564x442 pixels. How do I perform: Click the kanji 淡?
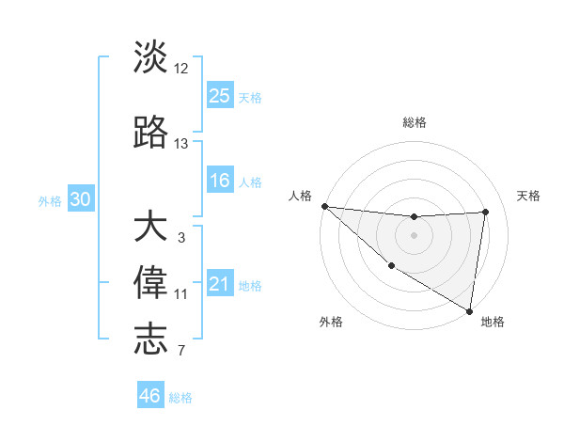point(150,58)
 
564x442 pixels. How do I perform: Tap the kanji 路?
point(150,134)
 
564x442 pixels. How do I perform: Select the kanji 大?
point(150,228)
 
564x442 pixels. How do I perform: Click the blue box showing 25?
point(220,95)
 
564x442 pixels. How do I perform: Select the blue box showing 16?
point(220,181)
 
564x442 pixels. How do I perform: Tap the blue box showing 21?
point(220,284)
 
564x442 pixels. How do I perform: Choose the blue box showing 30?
point(80,199)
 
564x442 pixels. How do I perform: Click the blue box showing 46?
point(150,396)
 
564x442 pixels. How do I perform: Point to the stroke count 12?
point(181,69)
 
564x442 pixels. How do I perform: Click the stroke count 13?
point(181,144)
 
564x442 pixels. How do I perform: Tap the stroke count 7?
point(181,351)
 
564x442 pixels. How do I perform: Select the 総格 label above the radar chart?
point(414,122)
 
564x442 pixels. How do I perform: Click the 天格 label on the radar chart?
point(529,196)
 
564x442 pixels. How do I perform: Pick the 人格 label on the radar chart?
point(301,196)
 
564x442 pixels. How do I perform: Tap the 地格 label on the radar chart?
point(493,322)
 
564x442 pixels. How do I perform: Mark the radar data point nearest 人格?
point(324,206)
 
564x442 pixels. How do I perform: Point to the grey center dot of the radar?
point(414,235)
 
